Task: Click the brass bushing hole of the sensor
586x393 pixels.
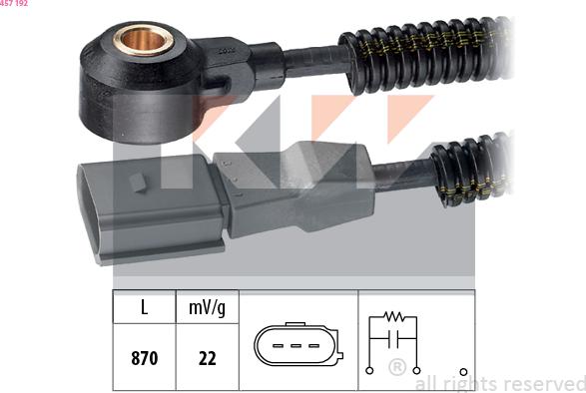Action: coord(144,40)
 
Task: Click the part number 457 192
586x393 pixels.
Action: coord(14,3)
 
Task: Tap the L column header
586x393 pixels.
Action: coord(145,307)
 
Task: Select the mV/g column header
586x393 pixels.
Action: coord(207,308)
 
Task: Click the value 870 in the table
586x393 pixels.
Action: coord(145,358)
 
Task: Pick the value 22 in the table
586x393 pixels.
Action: coord(207,359)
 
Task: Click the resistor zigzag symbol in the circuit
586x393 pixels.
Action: coord(393,317)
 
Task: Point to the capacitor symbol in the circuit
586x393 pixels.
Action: coord(393,338)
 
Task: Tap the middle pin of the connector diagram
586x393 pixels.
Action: coord(295,346)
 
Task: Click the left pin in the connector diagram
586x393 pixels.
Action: coord(278,346)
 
